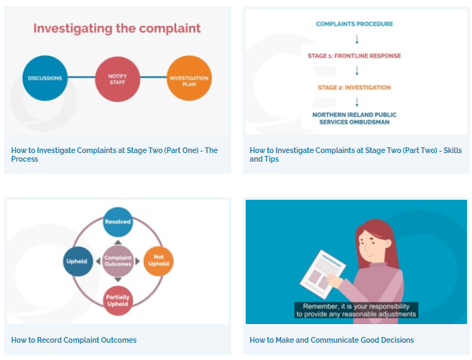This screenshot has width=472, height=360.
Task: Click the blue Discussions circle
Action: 45,78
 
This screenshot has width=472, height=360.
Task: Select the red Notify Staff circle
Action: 117,79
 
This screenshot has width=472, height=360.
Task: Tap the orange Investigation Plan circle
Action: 189,78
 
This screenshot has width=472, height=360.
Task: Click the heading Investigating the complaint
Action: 117,28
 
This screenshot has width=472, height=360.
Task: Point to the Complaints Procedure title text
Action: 354,24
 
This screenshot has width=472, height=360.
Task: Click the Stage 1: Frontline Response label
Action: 354,55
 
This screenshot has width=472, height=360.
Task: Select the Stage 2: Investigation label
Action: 354,88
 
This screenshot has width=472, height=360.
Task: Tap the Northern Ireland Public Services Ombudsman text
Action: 354,119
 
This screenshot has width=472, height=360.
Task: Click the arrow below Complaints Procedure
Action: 357,40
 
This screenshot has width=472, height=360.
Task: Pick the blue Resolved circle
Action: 118,222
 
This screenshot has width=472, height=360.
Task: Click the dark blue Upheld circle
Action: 78,262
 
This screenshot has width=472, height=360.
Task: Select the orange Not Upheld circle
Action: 158,261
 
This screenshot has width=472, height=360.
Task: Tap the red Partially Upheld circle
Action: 118,300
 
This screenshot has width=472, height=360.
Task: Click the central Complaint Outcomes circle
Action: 118,261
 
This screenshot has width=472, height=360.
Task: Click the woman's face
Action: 370,245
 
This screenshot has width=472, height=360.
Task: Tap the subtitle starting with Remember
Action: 356,310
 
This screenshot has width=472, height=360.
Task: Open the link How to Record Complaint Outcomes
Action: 74,340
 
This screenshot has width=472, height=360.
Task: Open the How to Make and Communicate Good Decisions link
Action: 332,340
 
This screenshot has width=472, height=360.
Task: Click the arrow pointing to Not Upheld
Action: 137,262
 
